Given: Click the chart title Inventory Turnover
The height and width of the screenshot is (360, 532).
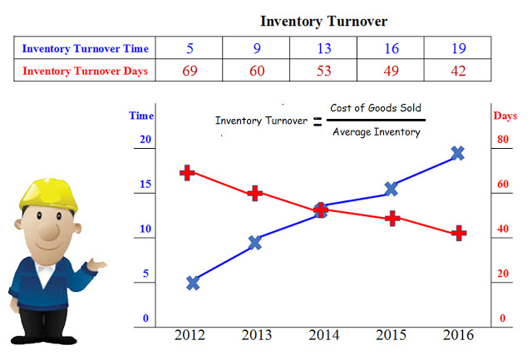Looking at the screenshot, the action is tap(323, 22).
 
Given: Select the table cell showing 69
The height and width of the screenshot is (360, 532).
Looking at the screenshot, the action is tap(190, 71).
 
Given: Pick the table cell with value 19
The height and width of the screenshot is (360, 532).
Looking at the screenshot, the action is tap(458, 48).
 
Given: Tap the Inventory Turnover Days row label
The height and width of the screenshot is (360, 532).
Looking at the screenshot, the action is tap(85, 71).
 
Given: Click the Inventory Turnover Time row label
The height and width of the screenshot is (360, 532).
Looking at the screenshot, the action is tap(85, 48).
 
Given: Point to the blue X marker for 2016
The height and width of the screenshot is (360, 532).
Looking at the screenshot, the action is tap(458, 153).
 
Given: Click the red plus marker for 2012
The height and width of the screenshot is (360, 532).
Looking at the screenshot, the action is tap(187, 173).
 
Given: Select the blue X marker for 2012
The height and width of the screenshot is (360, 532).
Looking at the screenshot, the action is tap(193, 283).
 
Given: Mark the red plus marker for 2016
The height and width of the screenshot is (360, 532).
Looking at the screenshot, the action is tap(459, 233).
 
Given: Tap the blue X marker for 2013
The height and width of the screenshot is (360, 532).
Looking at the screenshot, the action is tap(255, 243).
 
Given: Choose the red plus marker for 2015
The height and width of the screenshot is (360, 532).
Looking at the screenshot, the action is tap(392, 218).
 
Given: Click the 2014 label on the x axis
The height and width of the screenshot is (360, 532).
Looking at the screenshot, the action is tap(323, 335).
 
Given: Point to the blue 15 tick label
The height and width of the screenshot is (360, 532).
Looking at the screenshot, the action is tap(145, 184).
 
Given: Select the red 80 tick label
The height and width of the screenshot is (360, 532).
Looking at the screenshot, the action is tap(503, 139).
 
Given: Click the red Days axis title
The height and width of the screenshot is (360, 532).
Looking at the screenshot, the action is tap(505, 116).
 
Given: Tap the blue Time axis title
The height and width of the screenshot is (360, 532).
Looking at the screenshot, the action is tap(141, 116).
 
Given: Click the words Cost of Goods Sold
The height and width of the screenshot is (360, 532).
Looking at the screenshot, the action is tap(376, 108).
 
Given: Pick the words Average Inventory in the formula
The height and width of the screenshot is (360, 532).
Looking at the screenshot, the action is tap(377, 131).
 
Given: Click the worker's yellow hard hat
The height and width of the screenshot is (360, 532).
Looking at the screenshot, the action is tap(48, 194).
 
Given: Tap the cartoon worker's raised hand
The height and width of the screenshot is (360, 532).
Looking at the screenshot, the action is tap(96, 264).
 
